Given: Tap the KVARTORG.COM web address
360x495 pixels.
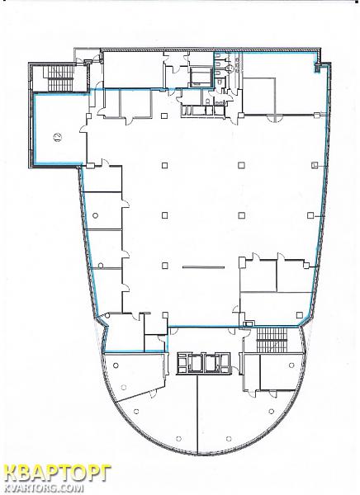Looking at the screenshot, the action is [x=45, y=488].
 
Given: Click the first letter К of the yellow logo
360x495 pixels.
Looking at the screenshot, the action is [x=12, y=474].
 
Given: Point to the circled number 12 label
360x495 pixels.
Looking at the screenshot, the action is [x=58, y=137].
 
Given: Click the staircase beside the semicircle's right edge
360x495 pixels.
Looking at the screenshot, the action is [x=272, y=339].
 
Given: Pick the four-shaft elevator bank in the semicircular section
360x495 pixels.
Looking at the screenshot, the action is [x=204, y=363].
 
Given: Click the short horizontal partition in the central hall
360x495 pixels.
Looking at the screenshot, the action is [x=204, y=267].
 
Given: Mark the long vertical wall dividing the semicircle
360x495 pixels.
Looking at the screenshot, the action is [x=197, y=415].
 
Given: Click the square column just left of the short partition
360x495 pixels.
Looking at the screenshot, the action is [x=164, y=266].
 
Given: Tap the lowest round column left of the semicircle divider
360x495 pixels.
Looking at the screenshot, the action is [x=179, y=438].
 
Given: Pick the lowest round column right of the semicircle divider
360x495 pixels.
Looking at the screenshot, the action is [x=229, y=439].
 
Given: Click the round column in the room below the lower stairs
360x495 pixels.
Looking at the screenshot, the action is [x=291, y=365].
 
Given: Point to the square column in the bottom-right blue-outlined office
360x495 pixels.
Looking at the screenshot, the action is [x=300, y=315].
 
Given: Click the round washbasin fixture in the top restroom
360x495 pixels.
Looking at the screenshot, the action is [x=230, y=68].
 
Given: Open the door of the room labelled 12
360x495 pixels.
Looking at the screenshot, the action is [x=83, y=129].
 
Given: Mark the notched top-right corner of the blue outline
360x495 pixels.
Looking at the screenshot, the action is [x=316, y=67].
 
